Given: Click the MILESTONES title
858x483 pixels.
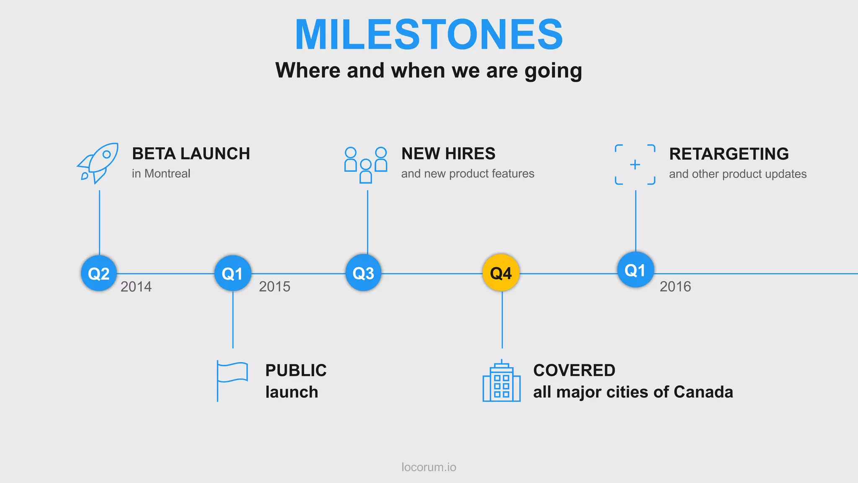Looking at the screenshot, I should pos(429,34).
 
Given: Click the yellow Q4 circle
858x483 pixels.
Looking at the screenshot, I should pos(501,273).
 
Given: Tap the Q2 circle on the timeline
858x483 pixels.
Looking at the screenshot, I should pos(99,273).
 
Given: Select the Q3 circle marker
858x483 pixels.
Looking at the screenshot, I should pos(363,273).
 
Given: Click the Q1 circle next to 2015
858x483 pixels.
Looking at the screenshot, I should pos(233,273).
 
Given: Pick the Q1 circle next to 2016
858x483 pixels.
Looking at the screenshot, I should pos(636,270).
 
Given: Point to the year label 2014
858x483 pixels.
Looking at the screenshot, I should pos(136,287).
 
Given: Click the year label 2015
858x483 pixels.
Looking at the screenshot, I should pos(274,287).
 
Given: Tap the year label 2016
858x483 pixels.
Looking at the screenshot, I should pos(675,287).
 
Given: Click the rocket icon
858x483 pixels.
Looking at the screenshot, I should pos(98,163).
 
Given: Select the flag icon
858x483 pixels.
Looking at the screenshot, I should pos(232,380).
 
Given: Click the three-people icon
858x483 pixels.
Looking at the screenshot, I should pos(365,164).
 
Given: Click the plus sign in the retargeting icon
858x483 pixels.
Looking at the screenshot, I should pos(635,165).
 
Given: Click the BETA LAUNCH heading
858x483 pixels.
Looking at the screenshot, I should pos(191,154).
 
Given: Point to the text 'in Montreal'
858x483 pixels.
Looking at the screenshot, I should pos(161,174).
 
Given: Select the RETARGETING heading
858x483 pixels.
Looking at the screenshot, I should pos(729,154).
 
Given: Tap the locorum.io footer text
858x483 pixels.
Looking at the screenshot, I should pos(429,467).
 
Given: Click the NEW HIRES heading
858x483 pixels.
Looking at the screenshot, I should pos(448,154).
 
